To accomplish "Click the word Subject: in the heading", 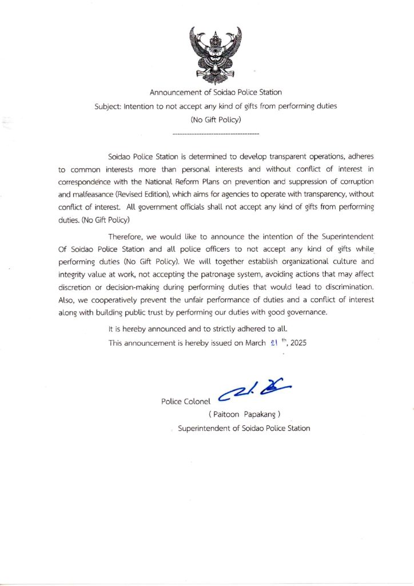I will (108, 106).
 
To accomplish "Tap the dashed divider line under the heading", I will (216, 133).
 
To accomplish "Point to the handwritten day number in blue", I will (274, 342).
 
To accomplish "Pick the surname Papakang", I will (260, 414).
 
